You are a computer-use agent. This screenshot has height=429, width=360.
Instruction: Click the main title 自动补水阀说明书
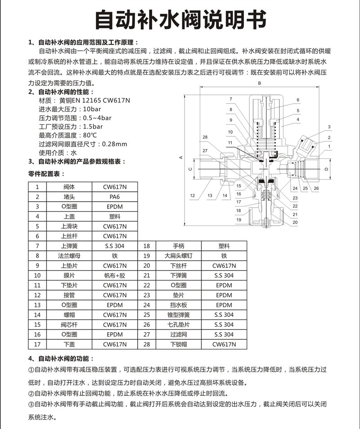point(180,19)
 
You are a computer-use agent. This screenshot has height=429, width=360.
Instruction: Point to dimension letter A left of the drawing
point(180,158)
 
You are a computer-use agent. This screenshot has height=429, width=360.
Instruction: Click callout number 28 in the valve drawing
point(205,137)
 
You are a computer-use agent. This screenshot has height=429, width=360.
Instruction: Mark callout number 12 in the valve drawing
point(192,196)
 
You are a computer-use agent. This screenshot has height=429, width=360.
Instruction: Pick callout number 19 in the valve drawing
point(239,220)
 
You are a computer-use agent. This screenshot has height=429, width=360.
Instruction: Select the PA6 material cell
point(115,197)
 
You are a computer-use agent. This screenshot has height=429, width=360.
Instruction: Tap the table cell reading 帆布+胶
point(115,275)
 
